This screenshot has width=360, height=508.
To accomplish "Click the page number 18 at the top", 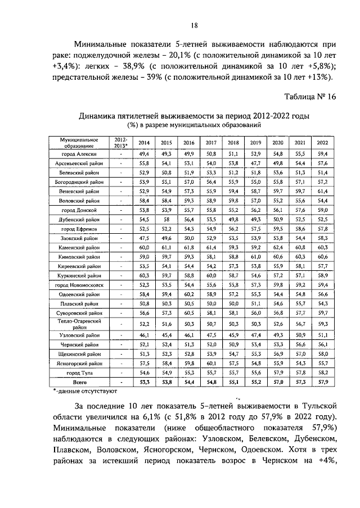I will coord(193,25).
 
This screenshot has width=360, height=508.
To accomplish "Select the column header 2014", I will coord(145,143).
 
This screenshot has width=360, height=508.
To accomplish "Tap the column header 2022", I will coord(322,143).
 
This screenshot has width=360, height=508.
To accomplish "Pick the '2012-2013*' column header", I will coord(120,143).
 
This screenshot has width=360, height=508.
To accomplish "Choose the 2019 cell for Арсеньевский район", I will coord(256,163).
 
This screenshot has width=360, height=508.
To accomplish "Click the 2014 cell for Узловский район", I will coord(145,335).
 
